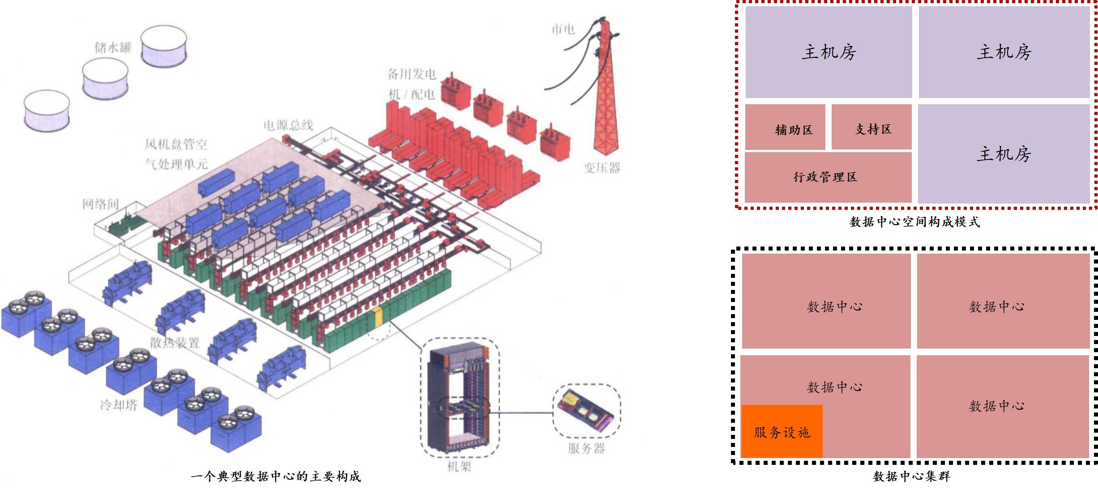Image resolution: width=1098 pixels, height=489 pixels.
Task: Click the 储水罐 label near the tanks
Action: click(113, 47)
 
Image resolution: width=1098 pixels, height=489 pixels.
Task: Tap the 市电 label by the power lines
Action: click(563, 29)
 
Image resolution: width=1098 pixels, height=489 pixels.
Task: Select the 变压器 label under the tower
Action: click(602, 168)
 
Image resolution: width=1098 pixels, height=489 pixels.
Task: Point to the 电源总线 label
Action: click(288, 125)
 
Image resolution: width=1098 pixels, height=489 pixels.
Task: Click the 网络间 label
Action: click(101, 204)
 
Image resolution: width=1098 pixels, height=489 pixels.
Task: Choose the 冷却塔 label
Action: click(119, 405)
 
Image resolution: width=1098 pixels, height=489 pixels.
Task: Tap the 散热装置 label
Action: click(175, 343)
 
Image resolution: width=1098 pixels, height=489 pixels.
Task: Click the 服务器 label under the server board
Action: click(586, 448)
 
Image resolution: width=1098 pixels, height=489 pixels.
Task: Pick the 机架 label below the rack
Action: click(459, 467)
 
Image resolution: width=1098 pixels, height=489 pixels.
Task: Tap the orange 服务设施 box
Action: click(782, 431)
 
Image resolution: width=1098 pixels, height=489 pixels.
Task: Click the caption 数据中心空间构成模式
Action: click(914, 222)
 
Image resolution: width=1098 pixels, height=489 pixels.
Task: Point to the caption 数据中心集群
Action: click(911, 476)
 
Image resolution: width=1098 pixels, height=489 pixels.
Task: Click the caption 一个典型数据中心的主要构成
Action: click(276, 476)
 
